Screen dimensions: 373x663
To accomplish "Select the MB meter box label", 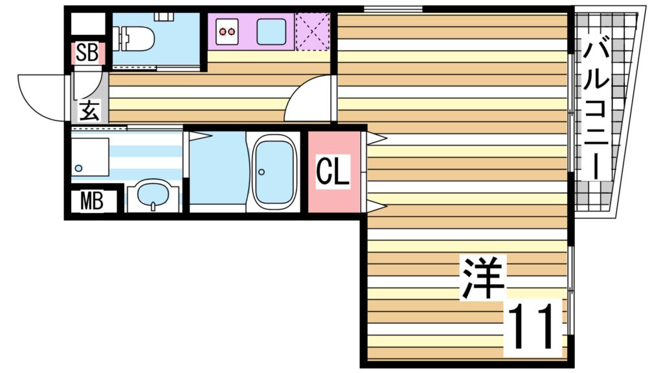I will (92, 201).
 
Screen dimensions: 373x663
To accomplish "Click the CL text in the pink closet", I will (333, 171).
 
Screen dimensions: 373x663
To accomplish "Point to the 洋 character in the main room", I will (483, 278).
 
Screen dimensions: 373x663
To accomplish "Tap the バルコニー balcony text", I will (596, 109).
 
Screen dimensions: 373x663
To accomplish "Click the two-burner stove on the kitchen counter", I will (227, 31).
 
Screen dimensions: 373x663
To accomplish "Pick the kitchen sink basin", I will (271, 31).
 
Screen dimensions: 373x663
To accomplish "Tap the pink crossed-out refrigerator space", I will (312, 30).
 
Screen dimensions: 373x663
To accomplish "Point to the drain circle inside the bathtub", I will (262, 172).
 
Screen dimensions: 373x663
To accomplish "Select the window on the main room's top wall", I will (393, 8).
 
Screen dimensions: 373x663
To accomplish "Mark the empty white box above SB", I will (87, 24).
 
